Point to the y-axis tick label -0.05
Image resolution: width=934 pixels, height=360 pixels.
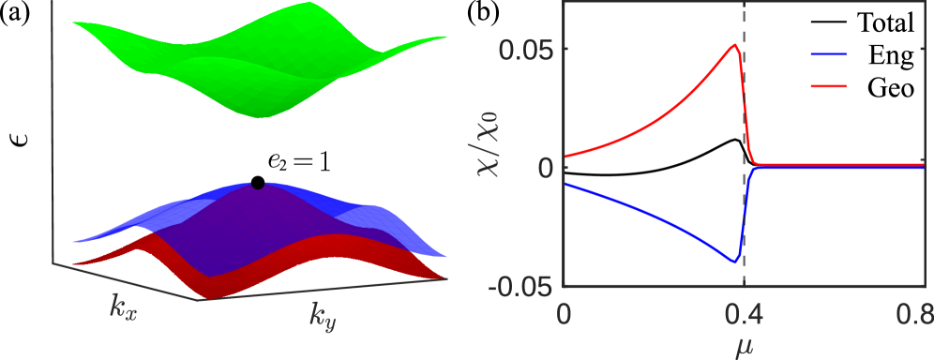522,286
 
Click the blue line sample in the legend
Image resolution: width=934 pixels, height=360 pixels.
828,54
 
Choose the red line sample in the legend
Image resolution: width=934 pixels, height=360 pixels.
828,85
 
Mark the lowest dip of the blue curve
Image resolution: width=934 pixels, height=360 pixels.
735,262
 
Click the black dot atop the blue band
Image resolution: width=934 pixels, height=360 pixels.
257,184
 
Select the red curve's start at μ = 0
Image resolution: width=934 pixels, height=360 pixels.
565,156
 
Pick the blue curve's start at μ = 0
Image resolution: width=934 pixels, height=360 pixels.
565,185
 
